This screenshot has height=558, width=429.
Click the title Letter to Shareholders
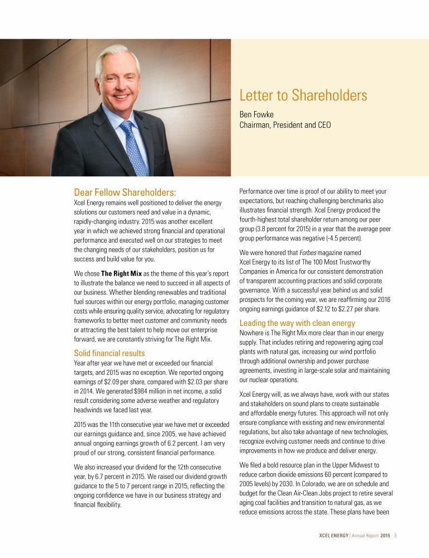point(303,95)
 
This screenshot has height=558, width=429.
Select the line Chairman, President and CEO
point(285,125)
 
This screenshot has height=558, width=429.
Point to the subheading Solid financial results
point(109,353)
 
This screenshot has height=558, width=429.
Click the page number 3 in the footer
point(395,536)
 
